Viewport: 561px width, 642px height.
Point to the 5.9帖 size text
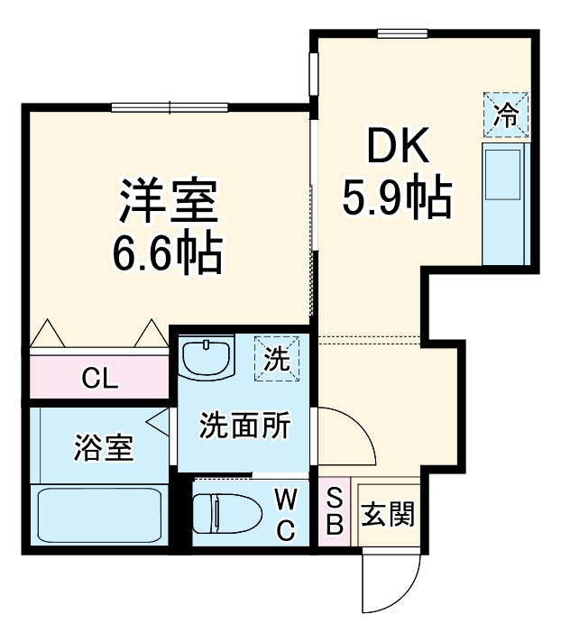coord(395,198)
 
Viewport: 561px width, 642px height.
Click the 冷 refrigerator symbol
coord(506,115)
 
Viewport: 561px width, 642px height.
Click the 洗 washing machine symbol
coord(277,359)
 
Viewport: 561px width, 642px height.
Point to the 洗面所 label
coord(244,425)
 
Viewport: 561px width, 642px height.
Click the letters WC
coord(285,514)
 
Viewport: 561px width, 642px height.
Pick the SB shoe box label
coord(334,512)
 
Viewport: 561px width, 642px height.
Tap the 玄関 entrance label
coord(388,515)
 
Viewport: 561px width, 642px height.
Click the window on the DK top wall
coord(402,34)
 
